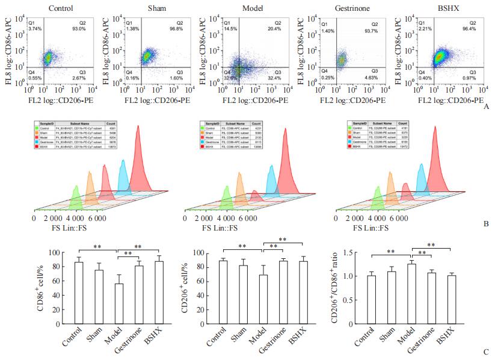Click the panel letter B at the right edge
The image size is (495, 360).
coord(486,224)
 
